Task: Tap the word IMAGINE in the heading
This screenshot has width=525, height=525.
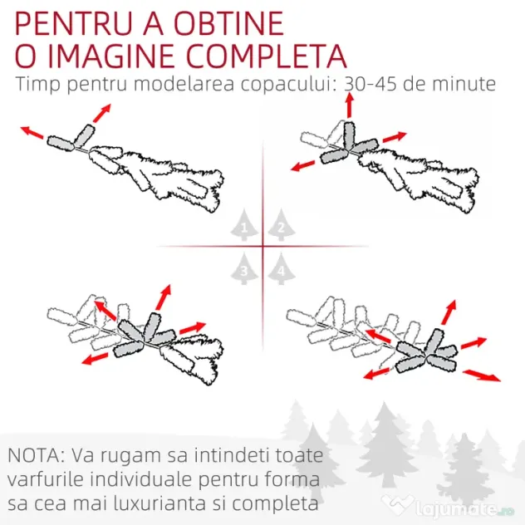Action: (111, 56)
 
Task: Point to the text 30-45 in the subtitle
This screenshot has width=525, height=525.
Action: (370, 84)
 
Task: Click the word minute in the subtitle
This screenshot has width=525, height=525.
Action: (464, 84)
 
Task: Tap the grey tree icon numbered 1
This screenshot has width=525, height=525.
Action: (244, 225)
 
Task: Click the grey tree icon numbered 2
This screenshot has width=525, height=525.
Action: (282, 225)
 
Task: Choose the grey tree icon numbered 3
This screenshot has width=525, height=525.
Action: (244, 269)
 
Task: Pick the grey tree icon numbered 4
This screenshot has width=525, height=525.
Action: (282, 269)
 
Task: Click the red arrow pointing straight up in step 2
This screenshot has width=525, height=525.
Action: (350, 105)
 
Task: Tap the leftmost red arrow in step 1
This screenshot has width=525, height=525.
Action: (32, 132)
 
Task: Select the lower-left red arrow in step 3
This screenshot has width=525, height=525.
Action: (95, 358)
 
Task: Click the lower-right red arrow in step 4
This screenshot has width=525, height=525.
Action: (482, 375)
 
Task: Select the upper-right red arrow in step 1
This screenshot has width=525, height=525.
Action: (101, 113)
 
